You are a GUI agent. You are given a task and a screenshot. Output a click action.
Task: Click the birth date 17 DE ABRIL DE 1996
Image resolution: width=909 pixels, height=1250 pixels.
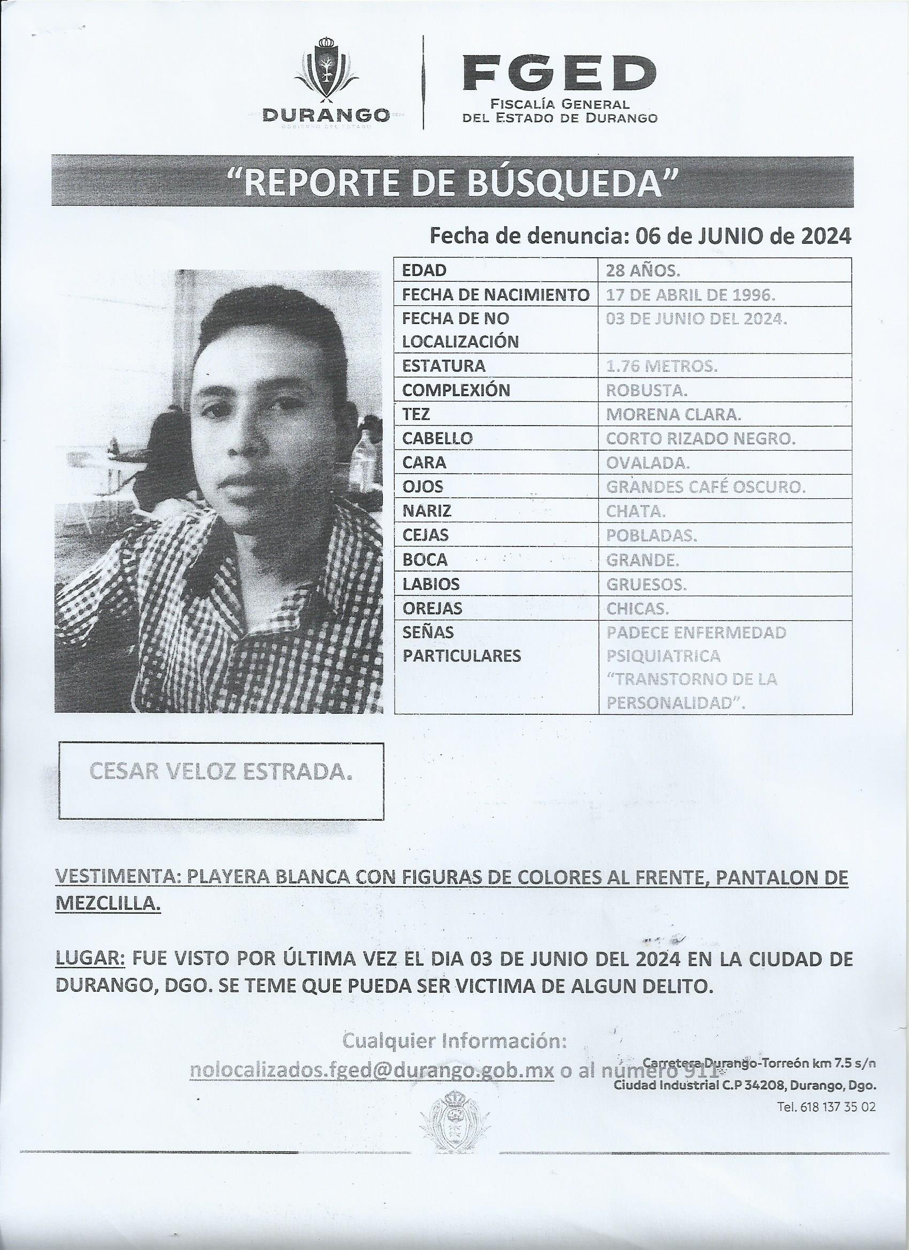(690, 295)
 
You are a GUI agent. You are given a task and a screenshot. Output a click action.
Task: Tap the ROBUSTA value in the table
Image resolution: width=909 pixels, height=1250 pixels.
(646, 390)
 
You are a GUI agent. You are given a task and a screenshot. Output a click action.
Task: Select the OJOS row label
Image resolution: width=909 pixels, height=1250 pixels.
(422, 487)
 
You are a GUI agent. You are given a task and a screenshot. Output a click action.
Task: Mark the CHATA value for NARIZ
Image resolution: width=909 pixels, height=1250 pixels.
(635, 512)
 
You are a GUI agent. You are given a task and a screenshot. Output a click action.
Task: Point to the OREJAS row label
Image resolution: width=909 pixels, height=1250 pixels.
(432, 608)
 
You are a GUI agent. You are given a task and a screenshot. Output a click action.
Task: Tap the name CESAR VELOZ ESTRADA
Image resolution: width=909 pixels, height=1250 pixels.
(220, 773)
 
